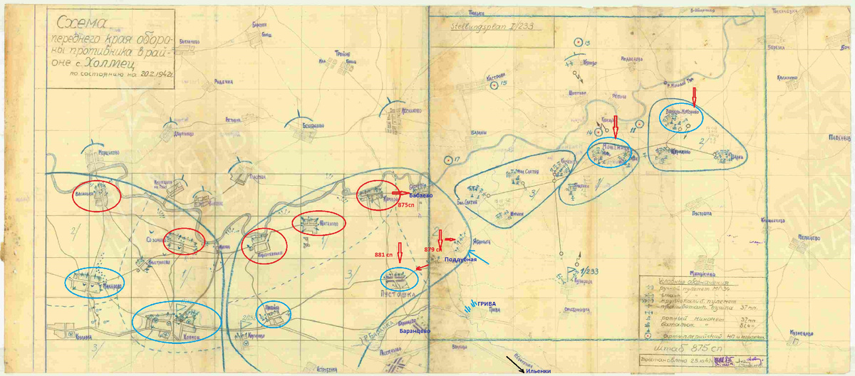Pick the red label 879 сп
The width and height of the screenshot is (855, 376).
pyautogui.click(x=433, y=249)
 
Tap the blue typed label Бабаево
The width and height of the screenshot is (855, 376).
pyautogui.click(x=420, y=194)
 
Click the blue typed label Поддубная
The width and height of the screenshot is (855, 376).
pyautogui.click(x=460, y=261)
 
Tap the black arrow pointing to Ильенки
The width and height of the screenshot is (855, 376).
pyautogui.click(x=516, y=361)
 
